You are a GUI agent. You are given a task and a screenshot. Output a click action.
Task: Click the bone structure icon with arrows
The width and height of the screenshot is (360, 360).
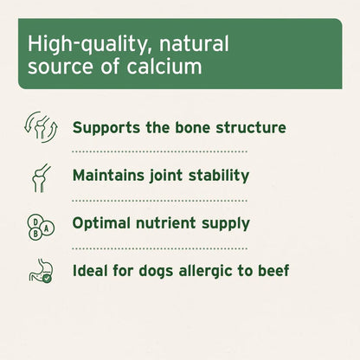pyautogui.click(x=41, y=127)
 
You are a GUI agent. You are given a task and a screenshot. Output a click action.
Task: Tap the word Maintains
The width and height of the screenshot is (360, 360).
pyautogui.click(x=112, y=175)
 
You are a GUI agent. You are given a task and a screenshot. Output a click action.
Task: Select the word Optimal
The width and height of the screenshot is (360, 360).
pyautogui.click(x=101, y=223)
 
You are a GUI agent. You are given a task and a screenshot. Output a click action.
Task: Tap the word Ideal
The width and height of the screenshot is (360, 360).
pyautogui.click(x=90, y=271)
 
